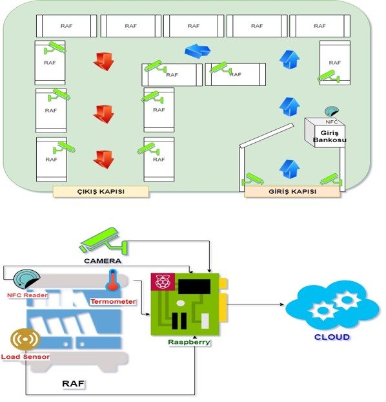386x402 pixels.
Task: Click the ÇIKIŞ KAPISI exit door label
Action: (101, 191)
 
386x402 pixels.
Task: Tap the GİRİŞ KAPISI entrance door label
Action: (292, 191)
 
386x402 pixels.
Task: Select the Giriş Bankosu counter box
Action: (325, 132)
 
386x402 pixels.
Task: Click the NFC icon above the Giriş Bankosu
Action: (332, 111)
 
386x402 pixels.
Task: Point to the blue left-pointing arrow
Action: (198, 51)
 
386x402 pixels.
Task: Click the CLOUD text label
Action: (332, 337)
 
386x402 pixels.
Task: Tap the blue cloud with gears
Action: (332, 304)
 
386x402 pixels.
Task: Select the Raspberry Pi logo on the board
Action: (163, 281)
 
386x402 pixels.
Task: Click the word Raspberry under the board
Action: (189, 342)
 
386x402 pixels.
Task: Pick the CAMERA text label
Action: (103, 261)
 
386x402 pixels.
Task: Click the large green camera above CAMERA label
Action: (103, 240)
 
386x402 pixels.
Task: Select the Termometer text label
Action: (113, 301)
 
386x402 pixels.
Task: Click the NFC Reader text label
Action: (27, 295)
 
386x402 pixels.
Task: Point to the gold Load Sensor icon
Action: (25, 339)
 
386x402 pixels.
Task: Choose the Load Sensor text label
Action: (25, 357)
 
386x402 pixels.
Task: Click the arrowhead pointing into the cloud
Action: (282, 304)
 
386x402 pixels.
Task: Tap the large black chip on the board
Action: (194, 286)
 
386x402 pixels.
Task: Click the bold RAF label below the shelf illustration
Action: (73, 383)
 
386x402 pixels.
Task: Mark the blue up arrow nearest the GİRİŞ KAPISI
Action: (289, 169)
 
